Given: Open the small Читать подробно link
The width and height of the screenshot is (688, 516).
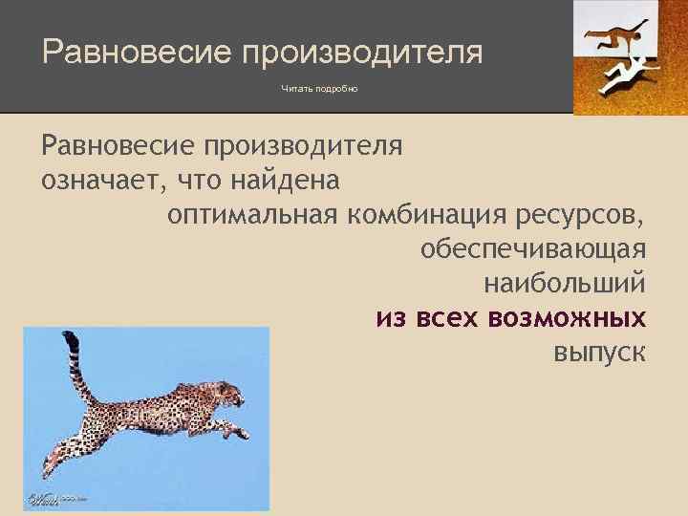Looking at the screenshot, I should pos(319,89).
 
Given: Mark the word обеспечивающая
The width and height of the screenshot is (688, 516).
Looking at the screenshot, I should pos(533,249).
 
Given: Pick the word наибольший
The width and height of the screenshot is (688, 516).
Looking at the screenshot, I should pos(565,284).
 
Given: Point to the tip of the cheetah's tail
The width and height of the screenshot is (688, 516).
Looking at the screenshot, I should pos(68,335).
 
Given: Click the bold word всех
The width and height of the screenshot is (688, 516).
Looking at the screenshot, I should pos(448,317).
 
